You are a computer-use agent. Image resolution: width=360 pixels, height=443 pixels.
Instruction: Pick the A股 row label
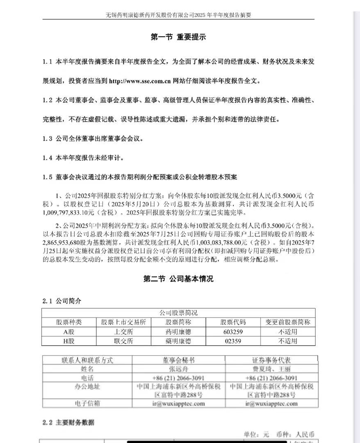click(x=68, y=331)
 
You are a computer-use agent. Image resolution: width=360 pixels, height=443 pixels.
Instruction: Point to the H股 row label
click(x=68, y=341)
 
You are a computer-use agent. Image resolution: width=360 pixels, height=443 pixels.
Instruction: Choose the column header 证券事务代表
click(x=271, y=360)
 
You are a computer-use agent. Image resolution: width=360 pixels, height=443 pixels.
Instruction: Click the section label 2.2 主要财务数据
click(x=68, y=422)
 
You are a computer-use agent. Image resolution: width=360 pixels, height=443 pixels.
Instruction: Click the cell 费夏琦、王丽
click(x=271, y=369)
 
